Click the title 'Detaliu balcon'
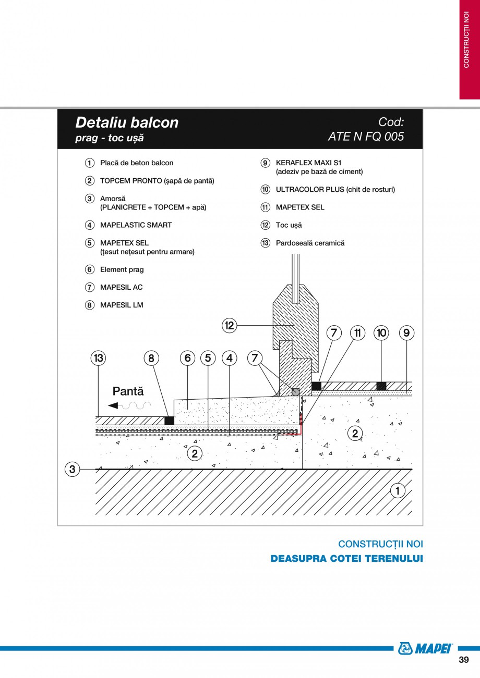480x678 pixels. (127, 122)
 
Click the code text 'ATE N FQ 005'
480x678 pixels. (366, 137)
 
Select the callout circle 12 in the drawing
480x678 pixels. (230, 325)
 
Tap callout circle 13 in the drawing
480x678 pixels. (99, 358)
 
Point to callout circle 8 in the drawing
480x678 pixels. (151, 358)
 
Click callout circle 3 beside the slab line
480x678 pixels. (73, 469)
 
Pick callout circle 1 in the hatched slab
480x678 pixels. (398, 490)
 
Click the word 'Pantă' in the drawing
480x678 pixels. (128, 391)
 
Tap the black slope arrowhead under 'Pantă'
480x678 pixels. (113, 405)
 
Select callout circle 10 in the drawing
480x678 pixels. (381, 333)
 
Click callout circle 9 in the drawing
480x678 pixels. (406, 333)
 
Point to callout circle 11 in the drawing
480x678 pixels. (357, 333)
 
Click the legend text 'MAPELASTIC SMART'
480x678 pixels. (136, 225)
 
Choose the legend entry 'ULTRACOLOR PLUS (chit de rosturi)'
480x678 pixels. (335, 190)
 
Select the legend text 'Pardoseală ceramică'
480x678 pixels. (310, 243)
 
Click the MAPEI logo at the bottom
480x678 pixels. (425, 648)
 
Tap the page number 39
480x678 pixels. (464, 660)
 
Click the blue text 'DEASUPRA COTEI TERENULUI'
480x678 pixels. (346, 559)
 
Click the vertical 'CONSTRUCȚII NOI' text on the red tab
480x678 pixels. (466, 40)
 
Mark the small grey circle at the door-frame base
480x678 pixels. (295, 392)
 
